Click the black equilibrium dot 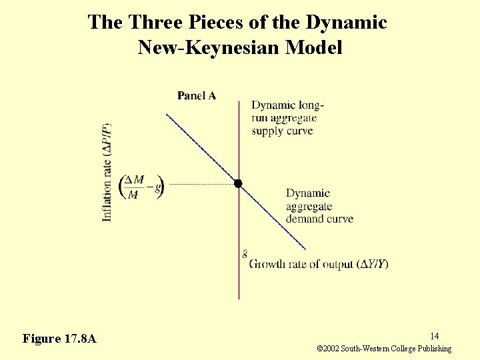coord(238,183)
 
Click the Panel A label coord(196,96)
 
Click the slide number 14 coord(433,336)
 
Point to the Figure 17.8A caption coord(59,339)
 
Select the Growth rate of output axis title coord(319,264)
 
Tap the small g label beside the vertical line coord(245,253)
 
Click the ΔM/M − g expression coord(141,187)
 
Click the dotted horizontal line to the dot coord(200,184)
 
